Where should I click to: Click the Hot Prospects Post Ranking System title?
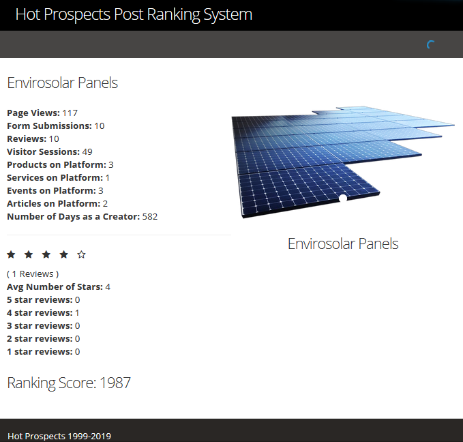tap(134, 14)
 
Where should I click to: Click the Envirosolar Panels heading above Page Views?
tap(62, 83)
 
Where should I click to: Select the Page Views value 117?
tap(70, 113)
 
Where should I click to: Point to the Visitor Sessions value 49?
tap(87, 152)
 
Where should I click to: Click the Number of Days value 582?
tap(150, 217)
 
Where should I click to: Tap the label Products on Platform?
tap(57, 164)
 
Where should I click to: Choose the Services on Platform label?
tap(55, 177)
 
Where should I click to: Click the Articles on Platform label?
tap(54, 203)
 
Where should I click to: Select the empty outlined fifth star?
tap(82, 254)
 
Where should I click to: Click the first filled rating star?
tap(11, 254)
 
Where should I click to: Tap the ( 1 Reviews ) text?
tap(33, 274)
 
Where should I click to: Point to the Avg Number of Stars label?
tap(55, 287)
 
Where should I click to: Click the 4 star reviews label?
tap(40, 312)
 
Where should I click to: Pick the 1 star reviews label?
tap(40, 351)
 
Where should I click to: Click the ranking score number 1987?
tap(115, 383)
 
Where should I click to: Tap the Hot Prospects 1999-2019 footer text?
tap(59, 436)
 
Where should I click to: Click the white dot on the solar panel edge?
tap(343, 198)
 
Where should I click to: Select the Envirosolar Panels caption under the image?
tap(343, 244)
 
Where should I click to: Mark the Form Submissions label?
tap(49, 126)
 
